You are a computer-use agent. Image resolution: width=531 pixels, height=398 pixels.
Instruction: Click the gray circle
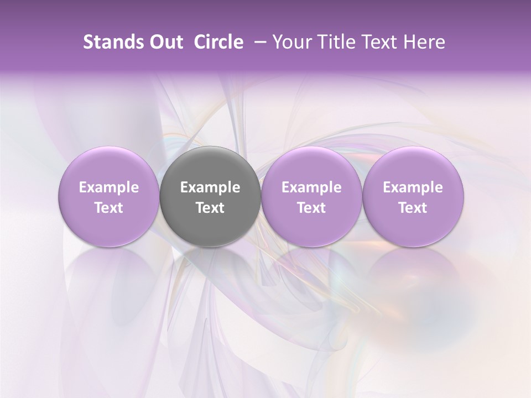[210, 196]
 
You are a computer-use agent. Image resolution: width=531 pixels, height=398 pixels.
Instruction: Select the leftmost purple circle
[109, 196]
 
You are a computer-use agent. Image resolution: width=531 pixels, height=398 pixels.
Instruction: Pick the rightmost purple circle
[413, 196]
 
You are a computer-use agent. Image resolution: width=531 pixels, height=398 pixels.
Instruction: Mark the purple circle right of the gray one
[311, 196]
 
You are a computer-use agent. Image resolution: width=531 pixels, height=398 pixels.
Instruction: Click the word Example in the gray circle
[210, 187]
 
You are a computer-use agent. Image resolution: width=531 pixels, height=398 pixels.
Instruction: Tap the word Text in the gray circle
[210, 208]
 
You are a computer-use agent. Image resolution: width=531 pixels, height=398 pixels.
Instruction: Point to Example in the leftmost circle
[109, 187]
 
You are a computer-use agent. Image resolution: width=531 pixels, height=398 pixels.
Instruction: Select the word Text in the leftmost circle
[109, 208]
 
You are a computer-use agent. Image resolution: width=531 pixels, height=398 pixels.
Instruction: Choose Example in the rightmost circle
[413, 187]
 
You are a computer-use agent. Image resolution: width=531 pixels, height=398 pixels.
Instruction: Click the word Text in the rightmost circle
[413, 208]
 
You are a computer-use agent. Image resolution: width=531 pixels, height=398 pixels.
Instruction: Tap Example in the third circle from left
[311, 187]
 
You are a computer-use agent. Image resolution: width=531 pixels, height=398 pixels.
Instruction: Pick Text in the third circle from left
[311, 208]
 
